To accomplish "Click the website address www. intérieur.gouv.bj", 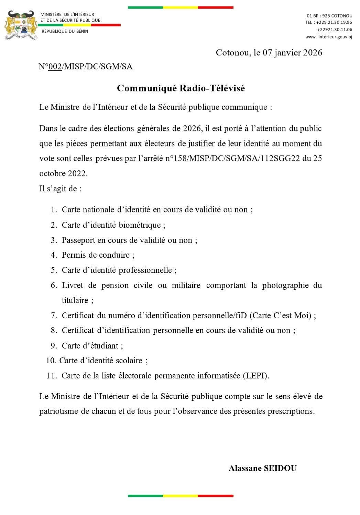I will click(329, 37).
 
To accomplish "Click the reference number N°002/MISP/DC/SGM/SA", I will click(85, 66).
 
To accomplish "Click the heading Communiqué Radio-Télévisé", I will click(181, 88).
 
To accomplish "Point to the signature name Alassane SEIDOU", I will click(262, 468).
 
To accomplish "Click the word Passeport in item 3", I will click(78, 240).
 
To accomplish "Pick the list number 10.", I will click(51, 361).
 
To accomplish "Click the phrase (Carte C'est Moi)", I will click(281, 315).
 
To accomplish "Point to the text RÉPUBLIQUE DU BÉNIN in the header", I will click(65, 31).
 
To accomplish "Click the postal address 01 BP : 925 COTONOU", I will click(329, 16).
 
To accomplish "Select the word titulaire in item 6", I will click(75, 300).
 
